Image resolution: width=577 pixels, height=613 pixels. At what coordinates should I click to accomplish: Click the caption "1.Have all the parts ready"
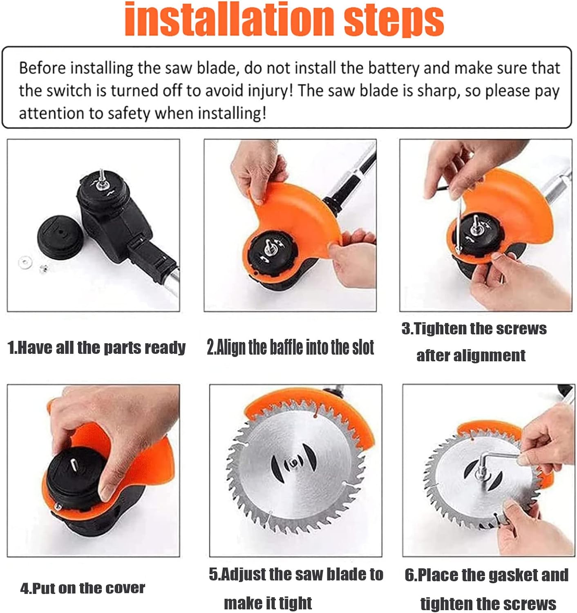[96, 347]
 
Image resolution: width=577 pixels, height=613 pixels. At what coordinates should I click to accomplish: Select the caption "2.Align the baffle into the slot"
[290, 347]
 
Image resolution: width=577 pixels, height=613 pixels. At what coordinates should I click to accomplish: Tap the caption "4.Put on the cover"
[83, 588]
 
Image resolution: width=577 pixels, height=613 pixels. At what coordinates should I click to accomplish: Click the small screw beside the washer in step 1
[43, 268]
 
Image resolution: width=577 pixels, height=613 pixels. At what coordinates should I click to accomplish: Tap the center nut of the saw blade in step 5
[293, 463]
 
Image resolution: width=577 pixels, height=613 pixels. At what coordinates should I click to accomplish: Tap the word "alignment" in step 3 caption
[470, 356]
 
